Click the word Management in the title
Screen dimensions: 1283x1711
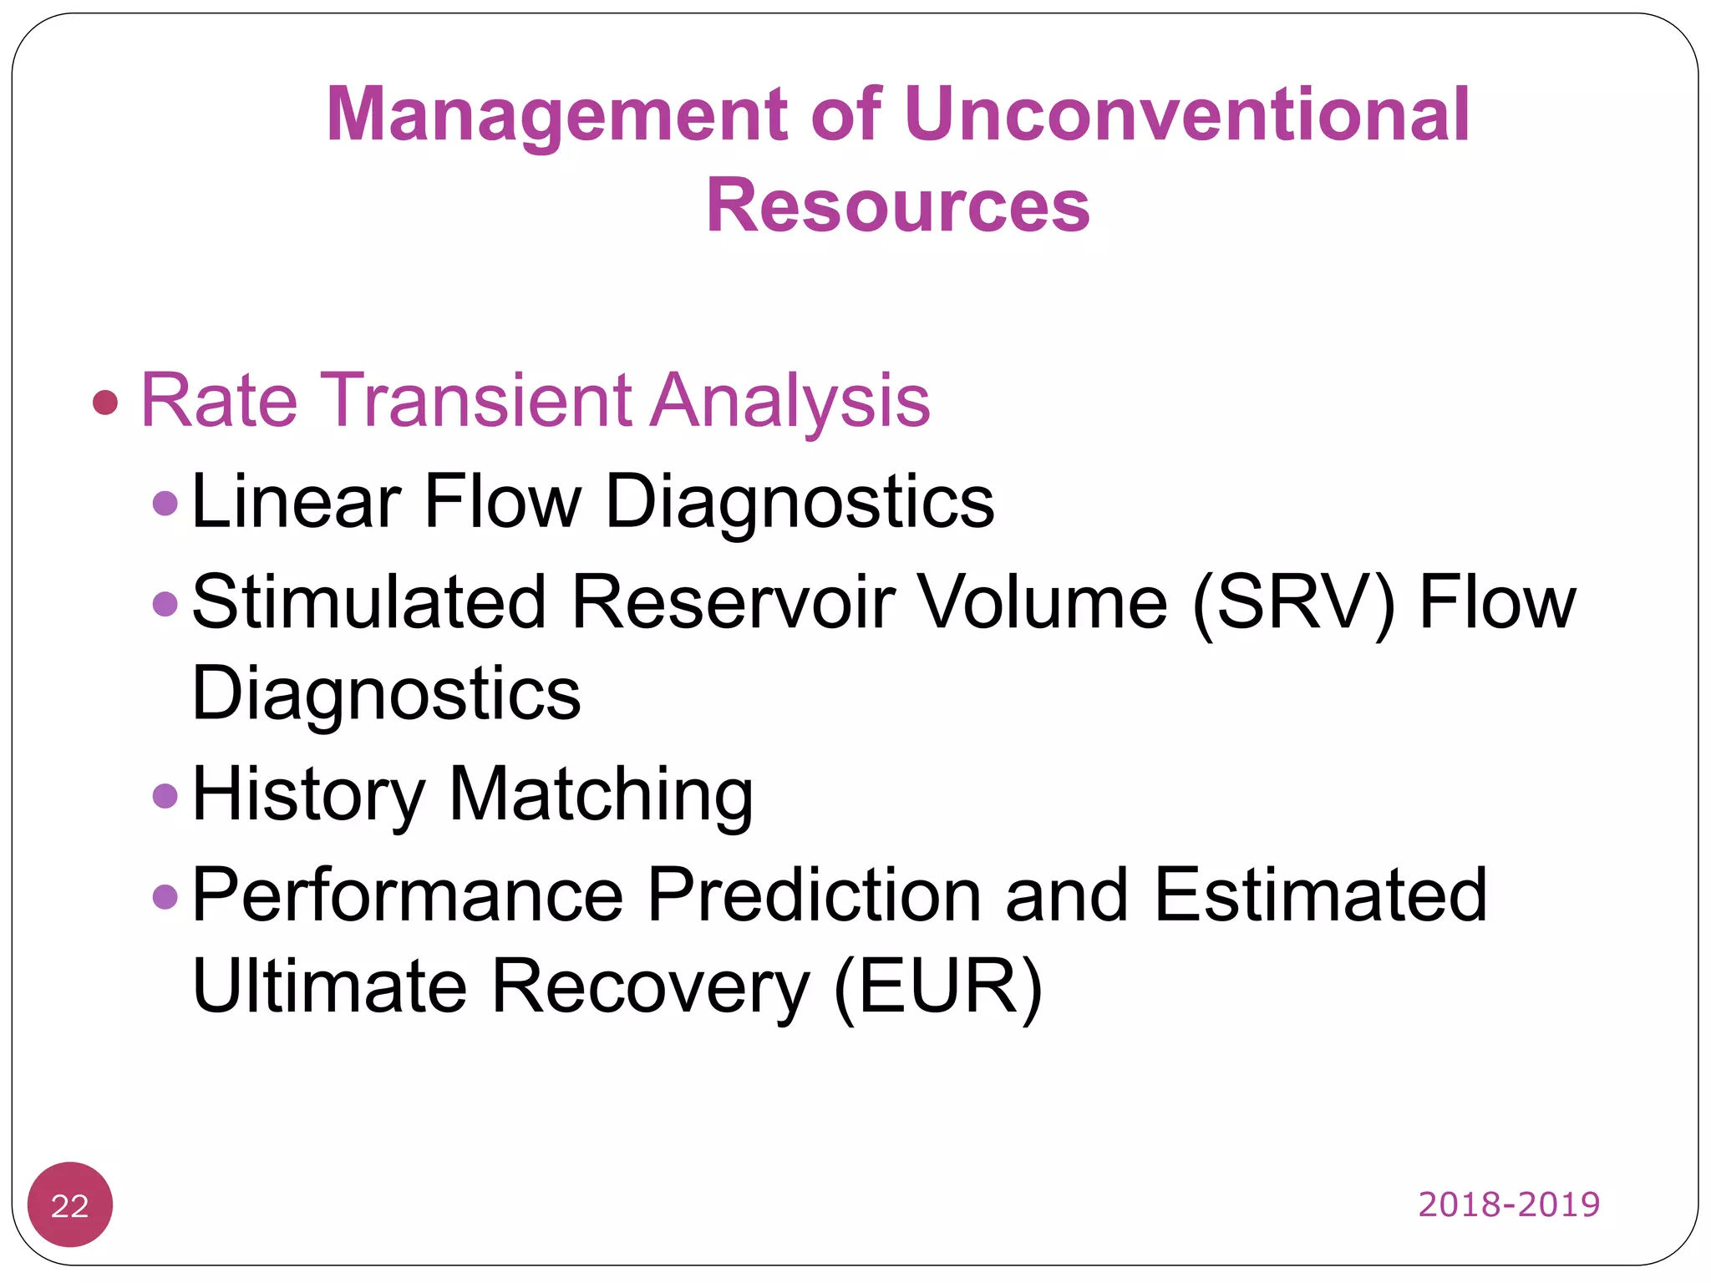556,115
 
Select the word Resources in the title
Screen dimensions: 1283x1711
898,205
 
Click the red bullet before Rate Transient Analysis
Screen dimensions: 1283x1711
105,403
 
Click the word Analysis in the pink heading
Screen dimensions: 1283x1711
789,403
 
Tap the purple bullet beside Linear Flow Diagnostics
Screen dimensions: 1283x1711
165,503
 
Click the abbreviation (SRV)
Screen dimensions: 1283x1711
1294,603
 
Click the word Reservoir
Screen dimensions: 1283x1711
734,602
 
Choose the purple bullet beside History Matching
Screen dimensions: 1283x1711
165,795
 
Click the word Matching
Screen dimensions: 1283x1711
601,795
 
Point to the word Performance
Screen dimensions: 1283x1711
408,895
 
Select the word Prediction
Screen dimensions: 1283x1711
815,895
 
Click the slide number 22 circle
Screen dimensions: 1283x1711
70,1204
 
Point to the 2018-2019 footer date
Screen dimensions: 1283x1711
1509,1204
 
